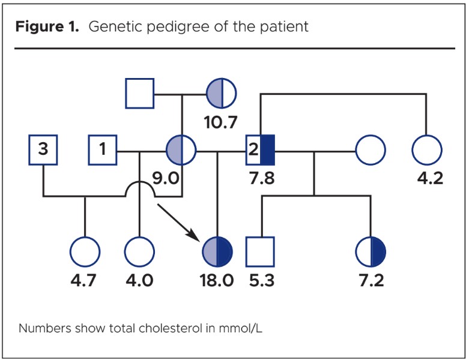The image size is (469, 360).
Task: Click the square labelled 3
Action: click(x=43, y=149)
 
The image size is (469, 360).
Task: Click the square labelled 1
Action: click(x=103, y=149)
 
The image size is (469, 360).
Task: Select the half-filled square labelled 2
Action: click(x=261, y=150)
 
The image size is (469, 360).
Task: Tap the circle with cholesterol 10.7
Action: click(x=221, y=94)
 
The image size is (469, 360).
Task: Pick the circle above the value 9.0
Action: click(x=181, y=149)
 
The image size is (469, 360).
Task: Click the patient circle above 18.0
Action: click(x=217, y=251)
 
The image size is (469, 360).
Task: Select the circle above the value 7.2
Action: click(x=371, y=251)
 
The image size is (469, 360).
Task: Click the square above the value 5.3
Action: click(x=260, y=251)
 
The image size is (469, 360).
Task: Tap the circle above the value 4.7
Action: click(x=85, y=251)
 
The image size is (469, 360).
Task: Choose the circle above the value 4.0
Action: click(x=139, y=251)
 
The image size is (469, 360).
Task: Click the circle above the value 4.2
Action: click(x=427, y=149)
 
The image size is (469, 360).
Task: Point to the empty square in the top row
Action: click(x=140, y=94)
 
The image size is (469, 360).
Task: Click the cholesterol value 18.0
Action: click(x=217, y=281)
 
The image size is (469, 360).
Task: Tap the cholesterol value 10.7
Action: click(x=220, y=123)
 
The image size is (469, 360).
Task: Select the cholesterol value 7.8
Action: click(x=261, y=179)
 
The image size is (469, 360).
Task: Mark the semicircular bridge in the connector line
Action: click(x=139, y=188)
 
